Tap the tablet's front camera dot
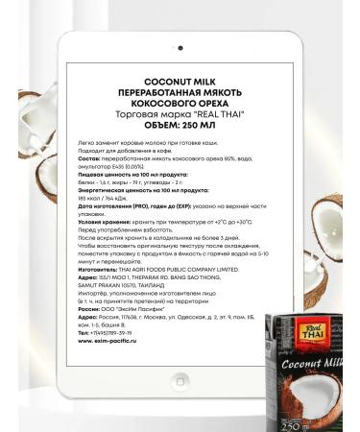[180, 47]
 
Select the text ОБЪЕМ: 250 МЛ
[180, 125]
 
